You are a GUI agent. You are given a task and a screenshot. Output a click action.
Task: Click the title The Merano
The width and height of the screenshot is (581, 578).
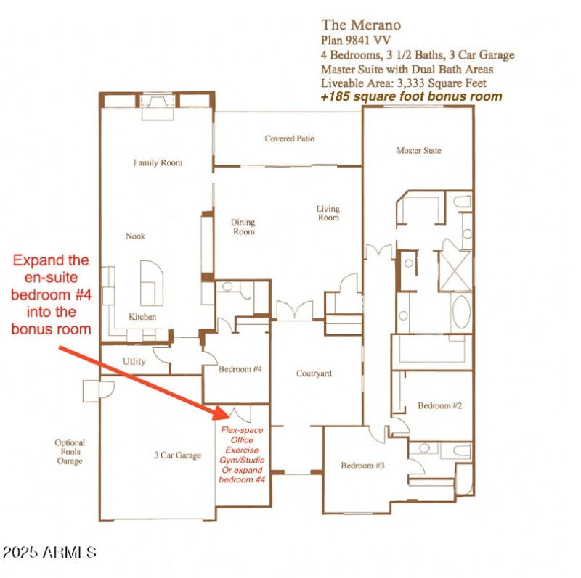360,26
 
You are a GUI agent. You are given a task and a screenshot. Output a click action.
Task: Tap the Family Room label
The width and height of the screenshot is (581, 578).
158,163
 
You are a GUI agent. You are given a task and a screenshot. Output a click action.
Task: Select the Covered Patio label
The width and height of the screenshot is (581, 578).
290,139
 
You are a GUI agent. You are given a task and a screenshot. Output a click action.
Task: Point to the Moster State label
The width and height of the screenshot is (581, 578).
418,151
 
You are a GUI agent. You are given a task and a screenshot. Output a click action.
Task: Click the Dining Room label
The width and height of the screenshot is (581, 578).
243,227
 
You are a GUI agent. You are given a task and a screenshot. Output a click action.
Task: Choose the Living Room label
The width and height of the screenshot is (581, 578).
328,213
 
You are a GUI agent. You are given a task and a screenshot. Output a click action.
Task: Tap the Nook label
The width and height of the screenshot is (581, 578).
135,236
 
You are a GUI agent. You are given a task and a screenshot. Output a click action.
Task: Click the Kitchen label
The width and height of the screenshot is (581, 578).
142,317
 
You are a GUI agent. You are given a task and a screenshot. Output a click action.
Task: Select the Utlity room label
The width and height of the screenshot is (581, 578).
134,361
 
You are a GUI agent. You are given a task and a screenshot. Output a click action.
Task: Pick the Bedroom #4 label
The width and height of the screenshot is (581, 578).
240,369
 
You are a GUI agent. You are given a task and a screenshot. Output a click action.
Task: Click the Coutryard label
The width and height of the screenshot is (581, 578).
314,373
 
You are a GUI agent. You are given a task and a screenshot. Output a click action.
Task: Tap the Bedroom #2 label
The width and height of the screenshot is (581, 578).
439,405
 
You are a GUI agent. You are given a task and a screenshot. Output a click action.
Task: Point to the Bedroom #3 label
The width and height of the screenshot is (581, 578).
362,465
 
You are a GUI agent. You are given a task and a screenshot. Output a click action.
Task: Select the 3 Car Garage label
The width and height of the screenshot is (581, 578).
177,455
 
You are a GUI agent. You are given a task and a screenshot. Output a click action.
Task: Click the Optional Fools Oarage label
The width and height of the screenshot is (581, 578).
70,451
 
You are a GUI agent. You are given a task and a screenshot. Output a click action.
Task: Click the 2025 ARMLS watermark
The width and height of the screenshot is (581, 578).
49,553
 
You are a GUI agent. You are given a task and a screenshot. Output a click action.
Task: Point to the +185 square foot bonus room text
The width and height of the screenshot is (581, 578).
411,96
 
